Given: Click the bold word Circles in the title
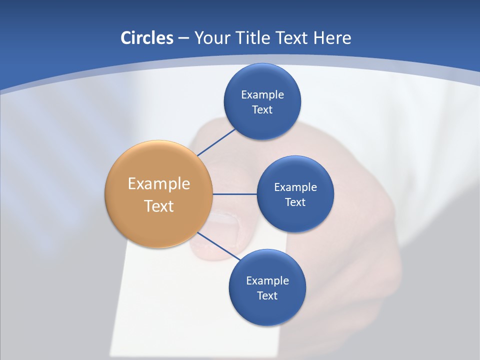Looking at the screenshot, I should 146,38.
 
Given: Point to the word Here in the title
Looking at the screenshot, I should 332,38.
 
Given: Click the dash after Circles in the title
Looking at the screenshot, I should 183,38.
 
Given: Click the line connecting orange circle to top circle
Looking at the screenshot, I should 216,142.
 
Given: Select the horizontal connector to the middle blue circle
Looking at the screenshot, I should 234,194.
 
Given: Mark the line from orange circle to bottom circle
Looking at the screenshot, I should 218,246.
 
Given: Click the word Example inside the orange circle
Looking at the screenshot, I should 159,183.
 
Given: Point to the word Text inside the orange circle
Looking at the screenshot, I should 159,206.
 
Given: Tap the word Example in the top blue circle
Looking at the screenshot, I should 262,94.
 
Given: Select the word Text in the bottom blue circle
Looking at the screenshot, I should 267,295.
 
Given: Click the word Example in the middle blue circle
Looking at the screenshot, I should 295,187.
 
